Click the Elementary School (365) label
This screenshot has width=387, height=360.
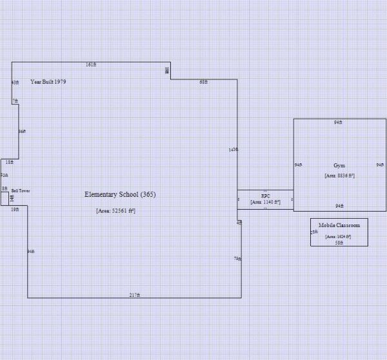(x=121, y=194)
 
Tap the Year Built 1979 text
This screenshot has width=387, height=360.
(x=48, y=82)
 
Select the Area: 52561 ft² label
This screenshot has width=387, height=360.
(x=115, y=211)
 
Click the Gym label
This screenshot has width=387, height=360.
(x=339, y=166)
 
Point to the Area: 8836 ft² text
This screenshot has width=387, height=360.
(x=339, y=175)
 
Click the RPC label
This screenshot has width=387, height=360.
(x=265, y=195)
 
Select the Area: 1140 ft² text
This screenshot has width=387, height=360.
(x=265, y=202)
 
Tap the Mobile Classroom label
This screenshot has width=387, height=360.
(x=339, y=225)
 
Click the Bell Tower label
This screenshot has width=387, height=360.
(x=21, y=191)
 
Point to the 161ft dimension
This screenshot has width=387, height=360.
(x=91, y=65)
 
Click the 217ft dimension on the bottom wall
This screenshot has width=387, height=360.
(x=134, y=295)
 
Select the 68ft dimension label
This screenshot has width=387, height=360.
(x=204, y=82)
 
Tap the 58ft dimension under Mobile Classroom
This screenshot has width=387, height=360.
(x=339, y=243)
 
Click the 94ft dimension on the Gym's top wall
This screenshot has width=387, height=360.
(x=338, y=122)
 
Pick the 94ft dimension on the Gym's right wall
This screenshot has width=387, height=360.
(x=380, y=165)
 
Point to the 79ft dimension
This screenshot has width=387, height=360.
(x=237, y=259)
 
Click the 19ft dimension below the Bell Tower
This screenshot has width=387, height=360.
(x=15, y=209)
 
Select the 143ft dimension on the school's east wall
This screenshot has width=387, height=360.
(x=233, y=150)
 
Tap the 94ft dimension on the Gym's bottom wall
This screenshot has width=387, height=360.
(x=339, y=206)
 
